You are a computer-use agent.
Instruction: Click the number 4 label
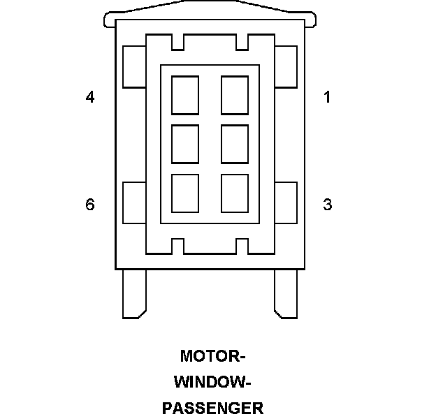pos(90,97)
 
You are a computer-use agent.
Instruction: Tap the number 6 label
pos(90,205)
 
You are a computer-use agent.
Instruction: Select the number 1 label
pos(327,97)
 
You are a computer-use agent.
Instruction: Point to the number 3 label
pos(327,205)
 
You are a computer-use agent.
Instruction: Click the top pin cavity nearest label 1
pos(235,94)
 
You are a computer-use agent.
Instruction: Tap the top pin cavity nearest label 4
pos(184,94)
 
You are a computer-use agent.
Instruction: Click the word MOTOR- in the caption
pos(213,356)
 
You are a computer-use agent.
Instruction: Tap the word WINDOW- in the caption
pos(212,382)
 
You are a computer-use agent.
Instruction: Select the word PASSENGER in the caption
pos(212,408)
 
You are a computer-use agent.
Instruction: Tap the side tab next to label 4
pos(133,67)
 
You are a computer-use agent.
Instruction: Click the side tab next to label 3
pos(286,203)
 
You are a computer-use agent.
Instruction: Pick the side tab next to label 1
pos(286,67)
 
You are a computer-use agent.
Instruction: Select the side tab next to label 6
pos(133,203)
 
